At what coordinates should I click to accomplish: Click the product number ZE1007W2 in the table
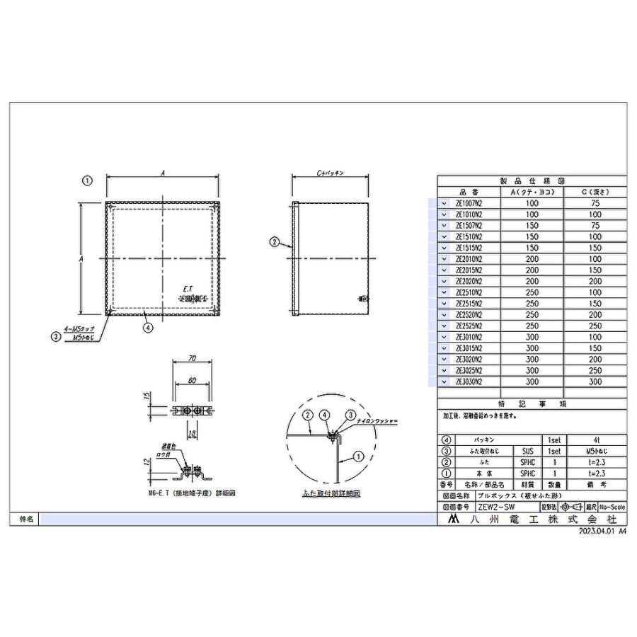point(469,203)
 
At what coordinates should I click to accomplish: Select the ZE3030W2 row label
point(469,382)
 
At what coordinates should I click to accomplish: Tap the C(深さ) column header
point(595,192)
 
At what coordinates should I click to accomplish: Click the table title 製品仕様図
point(532,181)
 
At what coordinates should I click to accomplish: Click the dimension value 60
point(192,380)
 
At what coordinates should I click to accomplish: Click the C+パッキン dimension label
point(330,173)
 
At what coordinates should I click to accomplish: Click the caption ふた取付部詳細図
point(330,493)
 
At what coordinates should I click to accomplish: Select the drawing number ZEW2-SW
point(496,507)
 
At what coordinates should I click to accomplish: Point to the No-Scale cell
point(612,507)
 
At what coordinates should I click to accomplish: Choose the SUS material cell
point(527,450)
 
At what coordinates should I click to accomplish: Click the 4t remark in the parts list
point(595,440)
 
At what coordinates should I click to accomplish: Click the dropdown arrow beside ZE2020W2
point(444,281)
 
